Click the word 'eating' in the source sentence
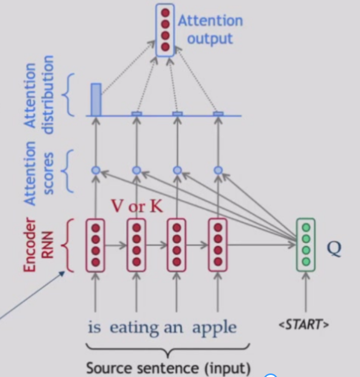point(134,328)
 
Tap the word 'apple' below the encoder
point(214,328)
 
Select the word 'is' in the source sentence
point(94,328)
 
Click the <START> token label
point(303,324)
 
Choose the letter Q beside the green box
point(334,248)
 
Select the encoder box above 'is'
point(95,245)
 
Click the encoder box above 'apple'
point(218,245)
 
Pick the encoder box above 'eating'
point(136,245)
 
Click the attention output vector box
point(165,30)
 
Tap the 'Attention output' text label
point(210,30)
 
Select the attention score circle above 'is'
point(95,171)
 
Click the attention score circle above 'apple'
point(218,171)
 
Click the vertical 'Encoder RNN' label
point(38,245)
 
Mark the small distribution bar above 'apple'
point(218,114)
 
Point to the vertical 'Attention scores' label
point(38,172)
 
